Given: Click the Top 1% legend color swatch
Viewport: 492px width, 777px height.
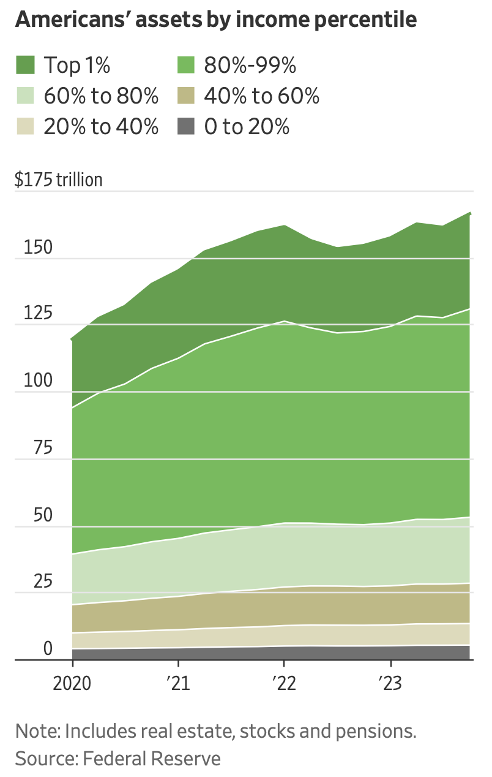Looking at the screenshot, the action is point(25,65).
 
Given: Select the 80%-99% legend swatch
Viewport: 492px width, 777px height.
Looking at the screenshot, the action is point(186,65).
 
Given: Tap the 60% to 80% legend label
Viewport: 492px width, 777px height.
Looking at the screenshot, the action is point(101,96).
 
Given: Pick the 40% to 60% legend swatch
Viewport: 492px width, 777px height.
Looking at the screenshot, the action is point(186,96).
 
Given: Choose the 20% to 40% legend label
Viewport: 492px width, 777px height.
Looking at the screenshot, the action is point(101,126).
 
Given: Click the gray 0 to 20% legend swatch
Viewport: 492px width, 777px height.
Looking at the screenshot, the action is point(186,126).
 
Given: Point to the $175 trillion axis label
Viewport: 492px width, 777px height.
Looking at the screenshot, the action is point(59,180).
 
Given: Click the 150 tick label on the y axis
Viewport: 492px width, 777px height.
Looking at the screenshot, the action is point(38,247).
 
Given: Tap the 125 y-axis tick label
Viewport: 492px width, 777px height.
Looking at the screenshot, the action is point(38,313).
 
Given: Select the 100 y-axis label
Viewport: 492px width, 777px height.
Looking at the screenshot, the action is point(38,380).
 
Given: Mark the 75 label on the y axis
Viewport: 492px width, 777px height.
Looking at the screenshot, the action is point(43,447).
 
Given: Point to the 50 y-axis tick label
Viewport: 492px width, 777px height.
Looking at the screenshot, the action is point(43,515).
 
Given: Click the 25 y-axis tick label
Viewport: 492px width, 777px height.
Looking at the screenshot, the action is point(43,581).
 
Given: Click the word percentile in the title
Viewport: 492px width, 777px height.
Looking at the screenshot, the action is point(365,20).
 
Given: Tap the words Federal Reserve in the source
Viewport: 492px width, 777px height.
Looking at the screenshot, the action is point(151,759).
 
